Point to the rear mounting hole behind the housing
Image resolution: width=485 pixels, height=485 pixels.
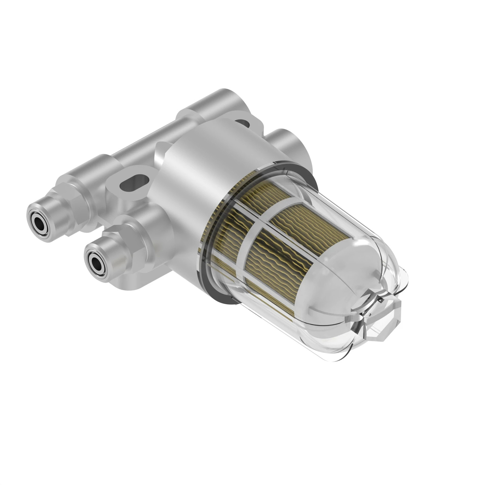pos(242,123)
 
